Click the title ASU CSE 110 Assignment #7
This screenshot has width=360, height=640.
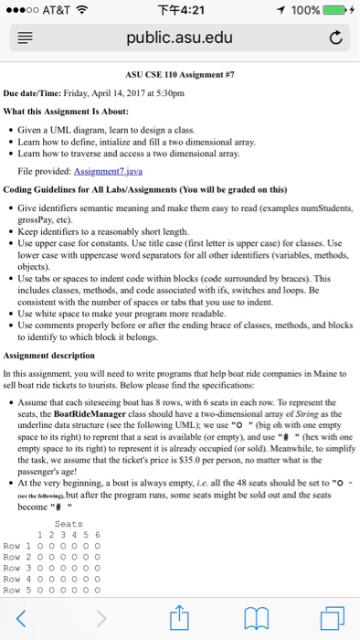tap(180, 76)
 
